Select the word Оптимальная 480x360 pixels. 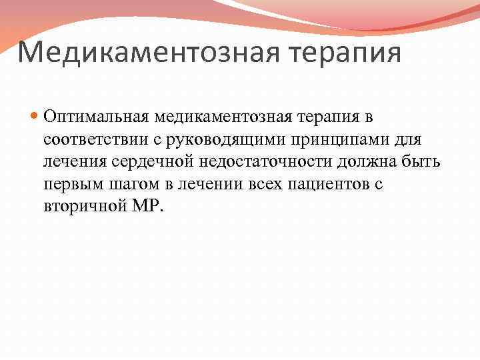coord(97,117)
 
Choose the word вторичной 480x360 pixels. coord(81,206)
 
